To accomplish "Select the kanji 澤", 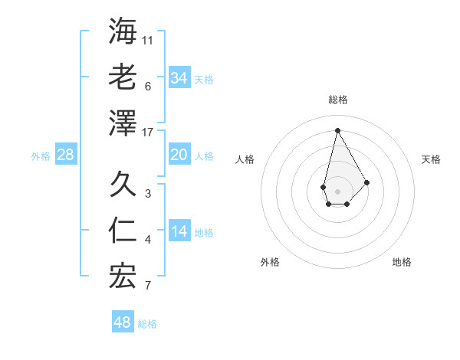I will (123, 123).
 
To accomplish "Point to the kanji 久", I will (123, 185).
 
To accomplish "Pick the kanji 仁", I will (123, 232).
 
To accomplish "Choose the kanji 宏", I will (123, 278).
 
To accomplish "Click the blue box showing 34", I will (179, 77).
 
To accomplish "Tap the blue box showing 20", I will (179, 155).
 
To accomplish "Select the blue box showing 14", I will (179, 231).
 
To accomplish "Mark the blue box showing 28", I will (66, 155).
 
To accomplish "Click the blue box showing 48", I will (123, 322).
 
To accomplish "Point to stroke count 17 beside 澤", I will (148, 132).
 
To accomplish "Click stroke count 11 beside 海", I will (148, 39).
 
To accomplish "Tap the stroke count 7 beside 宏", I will (147, 286).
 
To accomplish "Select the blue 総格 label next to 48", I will (147, 324).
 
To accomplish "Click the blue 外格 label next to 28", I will (41, 156).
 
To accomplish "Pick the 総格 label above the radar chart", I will (337, 100).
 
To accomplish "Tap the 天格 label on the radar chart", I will (431, 159).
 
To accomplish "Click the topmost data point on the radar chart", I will (337, 129).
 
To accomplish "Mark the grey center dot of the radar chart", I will (337, 190).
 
